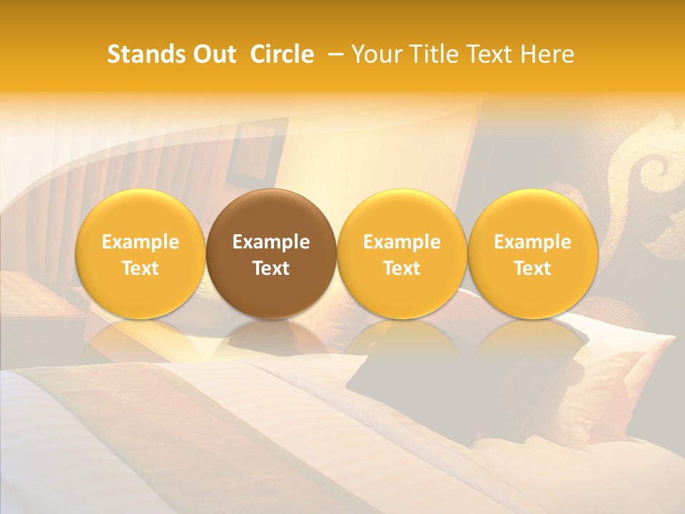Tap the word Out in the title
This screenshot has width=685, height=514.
point(213,54)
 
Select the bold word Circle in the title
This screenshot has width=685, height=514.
point(282,54)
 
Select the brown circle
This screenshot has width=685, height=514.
point(271,253)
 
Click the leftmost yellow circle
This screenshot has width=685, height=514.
point(141,253)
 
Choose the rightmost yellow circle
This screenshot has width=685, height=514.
point(532,253)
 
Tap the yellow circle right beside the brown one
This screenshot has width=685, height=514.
point(402,253)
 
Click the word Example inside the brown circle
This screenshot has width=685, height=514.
point(271,242)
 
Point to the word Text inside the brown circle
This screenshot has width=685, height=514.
point(271,268)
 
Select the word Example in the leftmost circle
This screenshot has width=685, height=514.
point(141,242)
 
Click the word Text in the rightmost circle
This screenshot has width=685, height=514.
point(532,268)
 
